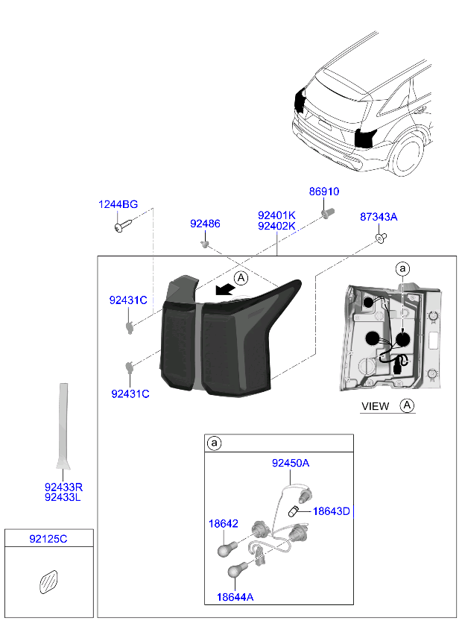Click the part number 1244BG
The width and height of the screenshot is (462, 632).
[x=118, y=204]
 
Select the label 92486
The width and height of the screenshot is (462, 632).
[x=205, y=224]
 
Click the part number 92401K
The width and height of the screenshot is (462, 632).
[x=276, y=215]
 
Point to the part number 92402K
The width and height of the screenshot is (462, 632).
[x=276, y=226]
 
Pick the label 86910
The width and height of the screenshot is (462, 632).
[x=324, y=192]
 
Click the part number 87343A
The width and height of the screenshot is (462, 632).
[x=379, y=217]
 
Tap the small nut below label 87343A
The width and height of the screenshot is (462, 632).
[x=380, y=238]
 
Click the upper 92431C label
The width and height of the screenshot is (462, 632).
[x=128, y=300]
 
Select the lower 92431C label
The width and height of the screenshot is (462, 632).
[x=130, y=394]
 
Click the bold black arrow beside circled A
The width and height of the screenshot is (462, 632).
[x=221, y=288]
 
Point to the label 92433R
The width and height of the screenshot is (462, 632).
[x=63, y=487]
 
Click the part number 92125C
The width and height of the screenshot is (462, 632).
[x=48, y=538]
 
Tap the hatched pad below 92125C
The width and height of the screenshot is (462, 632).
[x=48, y=581]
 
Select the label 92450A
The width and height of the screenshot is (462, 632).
[x=290, y=463]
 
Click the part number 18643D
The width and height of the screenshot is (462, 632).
[x=331, y=511]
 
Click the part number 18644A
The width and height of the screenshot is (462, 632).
[x=235, y=596]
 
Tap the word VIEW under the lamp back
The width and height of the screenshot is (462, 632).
[x=375, y=406]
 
